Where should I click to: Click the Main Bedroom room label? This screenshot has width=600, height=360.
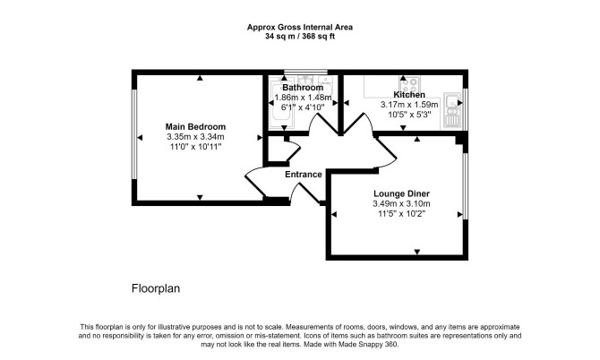[195, 126]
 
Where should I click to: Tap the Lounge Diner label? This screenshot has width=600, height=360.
[401, 193]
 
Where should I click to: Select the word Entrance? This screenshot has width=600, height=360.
[303, 175]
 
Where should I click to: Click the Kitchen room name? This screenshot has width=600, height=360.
[409, 95]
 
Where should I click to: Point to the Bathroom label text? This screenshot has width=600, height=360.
[303, 88]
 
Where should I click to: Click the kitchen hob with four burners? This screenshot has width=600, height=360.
[410, 83]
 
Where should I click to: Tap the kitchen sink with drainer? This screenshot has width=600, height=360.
[452, 110]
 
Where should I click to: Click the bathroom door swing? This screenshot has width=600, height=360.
[323, 123]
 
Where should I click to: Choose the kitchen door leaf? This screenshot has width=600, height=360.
[357, 123]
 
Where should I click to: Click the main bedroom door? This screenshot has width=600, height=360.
[254, 182]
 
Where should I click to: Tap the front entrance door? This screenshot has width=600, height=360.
[305, 193]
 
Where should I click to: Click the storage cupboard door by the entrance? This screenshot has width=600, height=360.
[294, 150]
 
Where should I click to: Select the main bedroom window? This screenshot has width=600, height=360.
[134, 134]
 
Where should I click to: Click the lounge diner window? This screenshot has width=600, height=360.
[466, 186]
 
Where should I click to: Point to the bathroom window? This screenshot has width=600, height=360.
[305, 72]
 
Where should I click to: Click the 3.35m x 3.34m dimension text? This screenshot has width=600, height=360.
[195, 137]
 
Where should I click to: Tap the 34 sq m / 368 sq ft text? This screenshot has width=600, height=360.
[300, 37]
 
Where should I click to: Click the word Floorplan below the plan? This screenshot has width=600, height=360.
[156, 288]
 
